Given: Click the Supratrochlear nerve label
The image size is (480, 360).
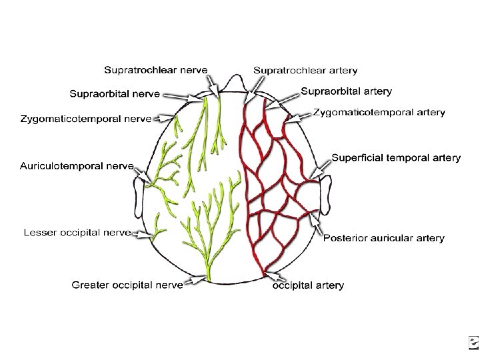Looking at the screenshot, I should point(155,69).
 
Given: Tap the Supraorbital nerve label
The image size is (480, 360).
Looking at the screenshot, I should point(115,94).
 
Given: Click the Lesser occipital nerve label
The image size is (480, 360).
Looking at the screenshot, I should point(77,232).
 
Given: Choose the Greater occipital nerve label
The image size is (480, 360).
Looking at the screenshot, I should point(127,285).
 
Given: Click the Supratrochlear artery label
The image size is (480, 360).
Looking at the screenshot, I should point(305,69).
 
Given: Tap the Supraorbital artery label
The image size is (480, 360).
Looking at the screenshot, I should point(346,91).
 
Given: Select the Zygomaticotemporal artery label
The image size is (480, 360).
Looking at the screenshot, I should point(379,113).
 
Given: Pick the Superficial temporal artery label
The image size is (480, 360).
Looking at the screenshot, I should point(396,158).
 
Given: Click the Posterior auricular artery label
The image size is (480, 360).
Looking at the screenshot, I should point(384,238).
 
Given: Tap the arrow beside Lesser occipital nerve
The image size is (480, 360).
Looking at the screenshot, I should point(142,233).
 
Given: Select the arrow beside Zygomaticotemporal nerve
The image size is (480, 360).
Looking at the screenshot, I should point(164,119).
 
